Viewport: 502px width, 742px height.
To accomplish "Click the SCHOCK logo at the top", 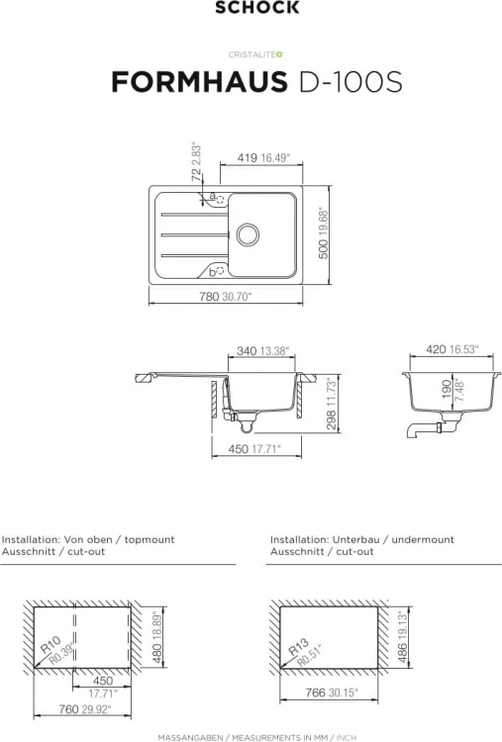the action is click(x=257, y=7).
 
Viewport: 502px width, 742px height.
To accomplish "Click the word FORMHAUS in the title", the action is click(x=199, y=81).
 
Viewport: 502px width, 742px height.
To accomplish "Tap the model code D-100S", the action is click(x=350, y=81).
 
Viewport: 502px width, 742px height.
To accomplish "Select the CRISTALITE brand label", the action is click(x=255, y=54).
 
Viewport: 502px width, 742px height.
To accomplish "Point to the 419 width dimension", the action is click(x=248, y=157).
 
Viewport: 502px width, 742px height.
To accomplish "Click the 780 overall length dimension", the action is click(x=209, y=297).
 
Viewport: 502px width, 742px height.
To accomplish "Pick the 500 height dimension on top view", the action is click(x=323, y=249).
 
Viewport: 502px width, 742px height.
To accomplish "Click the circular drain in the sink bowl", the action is click(x=248, y=233).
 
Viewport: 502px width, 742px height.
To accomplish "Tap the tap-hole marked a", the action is click(x=220, y=200).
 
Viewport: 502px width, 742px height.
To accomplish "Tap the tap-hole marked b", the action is click(x=220, y=271).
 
